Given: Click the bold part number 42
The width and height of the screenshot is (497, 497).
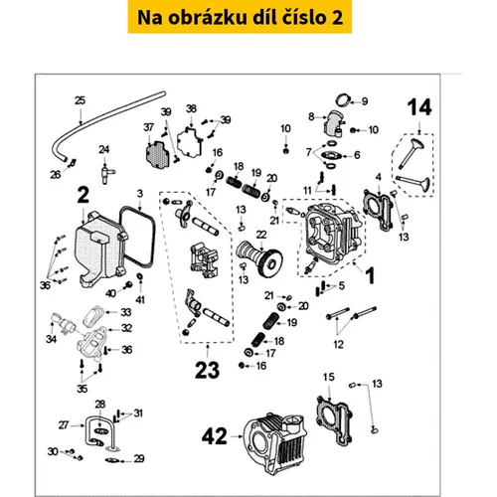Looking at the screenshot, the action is click(x=215, y=436).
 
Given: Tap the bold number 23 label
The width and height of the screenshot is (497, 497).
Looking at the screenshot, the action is click(x=207, y=370).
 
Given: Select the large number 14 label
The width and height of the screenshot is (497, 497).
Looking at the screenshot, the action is click(x=419, y=107).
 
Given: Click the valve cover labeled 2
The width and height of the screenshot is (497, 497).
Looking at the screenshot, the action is click(x=100, y=249).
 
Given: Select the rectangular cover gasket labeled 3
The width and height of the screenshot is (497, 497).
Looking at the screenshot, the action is click(x=137, y=237).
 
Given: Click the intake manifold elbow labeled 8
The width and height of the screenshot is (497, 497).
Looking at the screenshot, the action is click(x=333, y=127).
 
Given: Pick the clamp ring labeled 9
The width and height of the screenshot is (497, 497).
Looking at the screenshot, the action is click(x=343, y=99).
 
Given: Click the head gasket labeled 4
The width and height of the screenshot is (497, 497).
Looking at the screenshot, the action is click(x=379, y=210).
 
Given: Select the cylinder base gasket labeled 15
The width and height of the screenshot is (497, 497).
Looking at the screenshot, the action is click(x=334, y=419).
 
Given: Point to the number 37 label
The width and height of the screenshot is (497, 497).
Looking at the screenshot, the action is click(x=149, y=127).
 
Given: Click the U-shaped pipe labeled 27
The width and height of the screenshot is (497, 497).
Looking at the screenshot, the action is click(x=100, y=430).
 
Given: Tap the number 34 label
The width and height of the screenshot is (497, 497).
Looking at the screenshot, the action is click(x=51, y=339).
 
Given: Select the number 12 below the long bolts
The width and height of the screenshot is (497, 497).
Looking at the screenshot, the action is click(x=338, y=344).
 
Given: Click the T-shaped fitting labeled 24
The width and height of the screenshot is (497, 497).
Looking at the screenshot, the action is click(x=106, y=173).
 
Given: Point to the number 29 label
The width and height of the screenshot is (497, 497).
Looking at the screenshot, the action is click(x=139, y=458).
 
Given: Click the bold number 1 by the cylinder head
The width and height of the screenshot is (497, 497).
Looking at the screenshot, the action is click(x=370, y=276).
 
